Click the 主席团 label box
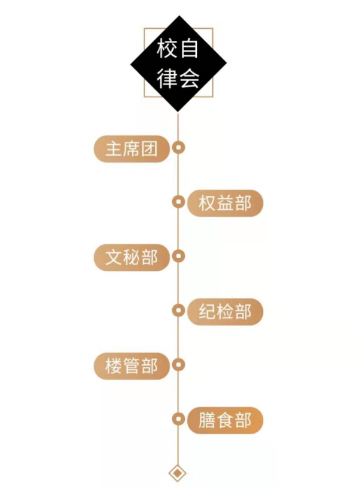tap(132, 149)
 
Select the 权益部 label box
tap(225, 203)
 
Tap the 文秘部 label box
tap(132, 258)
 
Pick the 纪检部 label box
tap(225, 312)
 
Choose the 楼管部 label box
tap(132, 366)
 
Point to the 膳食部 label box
tap(225, 420)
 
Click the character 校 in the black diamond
tap(167, 49)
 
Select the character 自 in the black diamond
tap(189, 49)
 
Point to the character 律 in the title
tap(167, 77)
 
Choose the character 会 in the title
tap(189, 77)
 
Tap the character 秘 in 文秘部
tap(132, 258)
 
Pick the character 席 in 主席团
tap(132, 149)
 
